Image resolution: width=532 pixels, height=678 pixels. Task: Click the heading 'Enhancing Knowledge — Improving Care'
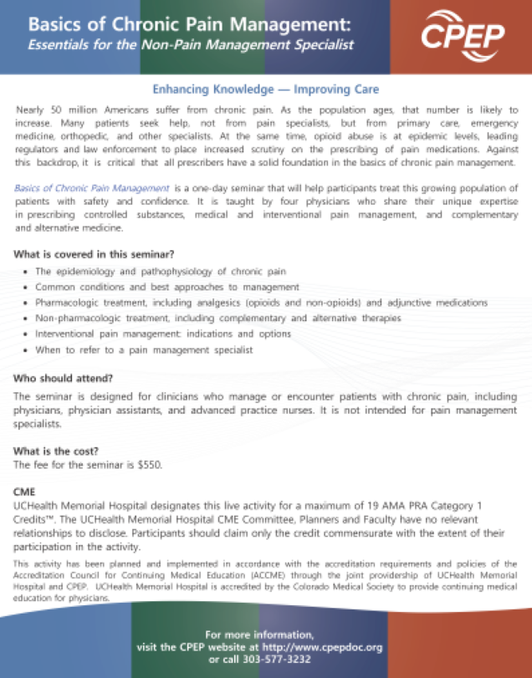[x=266, y=89]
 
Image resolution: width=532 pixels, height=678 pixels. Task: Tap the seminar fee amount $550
[x=149, y=464]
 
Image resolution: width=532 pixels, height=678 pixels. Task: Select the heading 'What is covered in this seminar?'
[x=95, y=254]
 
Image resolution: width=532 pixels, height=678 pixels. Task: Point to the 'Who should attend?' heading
[x=57, y=379]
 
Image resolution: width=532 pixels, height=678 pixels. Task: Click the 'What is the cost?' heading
[x=57, y=451]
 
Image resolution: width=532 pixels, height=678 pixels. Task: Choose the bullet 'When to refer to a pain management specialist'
[x=144, y=350]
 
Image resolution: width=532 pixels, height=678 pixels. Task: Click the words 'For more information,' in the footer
[x=260, y=635]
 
